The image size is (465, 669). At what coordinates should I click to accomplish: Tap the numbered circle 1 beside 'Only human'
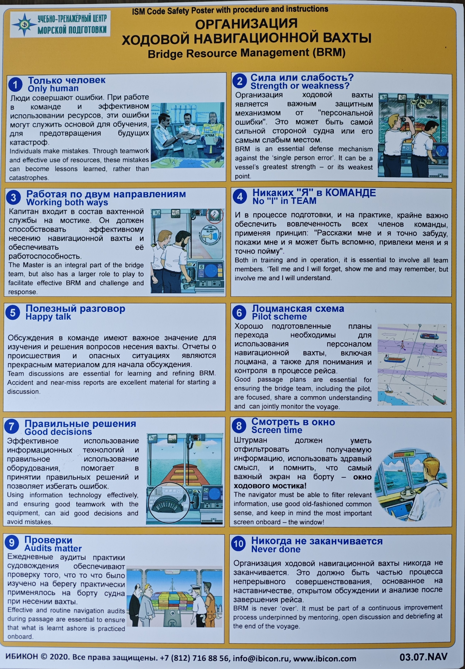(15, 85)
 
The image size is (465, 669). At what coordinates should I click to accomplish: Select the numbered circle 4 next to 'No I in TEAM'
(240, 197)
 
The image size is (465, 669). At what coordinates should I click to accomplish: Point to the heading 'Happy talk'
(48, 317)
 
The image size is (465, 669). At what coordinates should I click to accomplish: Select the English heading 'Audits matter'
(53, 548)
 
